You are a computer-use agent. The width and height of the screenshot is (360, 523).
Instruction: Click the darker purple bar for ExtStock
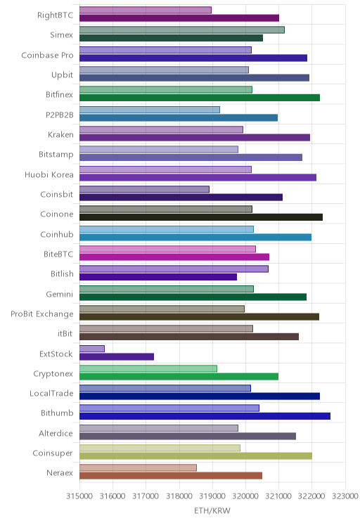[117, 356]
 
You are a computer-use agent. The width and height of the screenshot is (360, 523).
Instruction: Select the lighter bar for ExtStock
[91, 349]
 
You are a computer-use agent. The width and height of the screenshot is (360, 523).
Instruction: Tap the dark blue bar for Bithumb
[205, 416]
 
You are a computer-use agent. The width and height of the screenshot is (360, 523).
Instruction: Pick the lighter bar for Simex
[182, 30]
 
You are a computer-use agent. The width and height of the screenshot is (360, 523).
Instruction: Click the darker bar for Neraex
[171, 476]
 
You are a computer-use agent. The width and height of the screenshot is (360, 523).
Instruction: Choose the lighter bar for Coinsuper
[160, 448]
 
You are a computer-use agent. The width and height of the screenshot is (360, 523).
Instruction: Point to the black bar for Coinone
[201, 217]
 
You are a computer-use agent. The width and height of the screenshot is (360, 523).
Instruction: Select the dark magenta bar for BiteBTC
[174, 257]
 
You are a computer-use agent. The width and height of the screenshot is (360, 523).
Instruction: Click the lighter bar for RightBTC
[146, 10]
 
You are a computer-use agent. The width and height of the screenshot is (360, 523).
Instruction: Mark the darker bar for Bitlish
[158, 277]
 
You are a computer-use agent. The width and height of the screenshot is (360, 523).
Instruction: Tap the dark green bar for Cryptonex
[179, 377]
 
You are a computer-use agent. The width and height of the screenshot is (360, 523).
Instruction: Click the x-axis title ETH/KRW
[212, 510]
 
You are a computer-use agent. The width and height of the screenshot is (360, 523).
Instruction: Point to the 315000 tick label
[79, 496]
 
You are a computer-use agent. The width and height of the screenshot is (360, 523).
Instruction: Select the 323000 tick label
[345, 496]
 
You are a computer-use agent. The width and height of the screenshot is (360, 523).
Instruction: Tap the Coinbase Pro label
[47, 55]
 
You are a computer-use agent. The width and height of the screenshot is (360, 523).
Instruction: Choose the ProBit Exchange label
[42, 314]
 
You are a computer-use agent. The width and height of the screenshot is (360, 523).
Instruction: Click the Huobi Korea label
[49, 174]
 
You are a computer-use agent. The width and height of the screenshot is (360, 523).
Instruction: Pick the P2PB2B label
[59, 115]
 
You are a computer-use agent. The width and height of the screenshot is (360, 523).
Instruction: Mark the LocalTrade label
[51, 393]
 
